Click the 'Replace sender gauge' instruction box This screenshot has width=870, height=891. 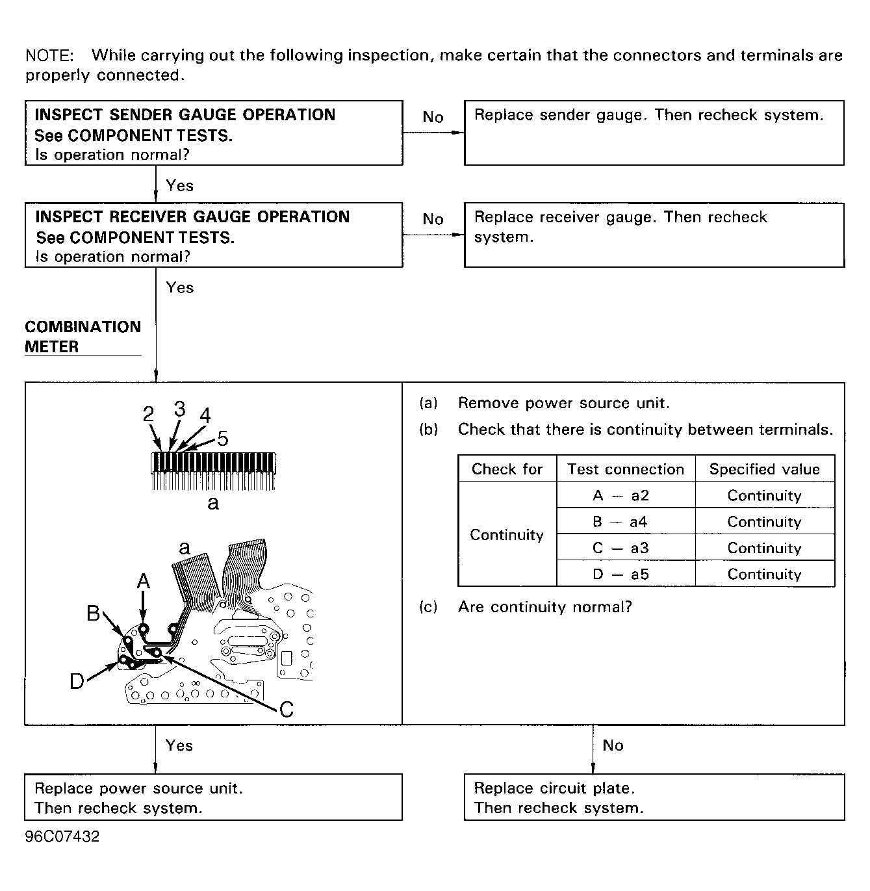click(x=654, y=133)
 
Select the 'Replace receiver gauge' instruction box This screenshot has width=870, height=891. click(x=654, y=235)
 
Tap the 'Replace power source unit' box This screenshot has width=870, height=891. click(x=213, y=797)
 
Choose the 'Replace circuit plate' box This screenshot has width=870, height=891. click(x=654, y=797)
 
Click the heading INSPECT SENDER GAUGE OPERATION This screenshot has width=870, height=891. click(x=185, y=115)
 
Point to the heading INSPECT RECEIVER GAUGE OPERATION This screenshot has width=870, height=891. click(x=192, y=217)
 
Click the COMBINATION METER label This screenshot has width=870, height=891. click(x=83, y=337)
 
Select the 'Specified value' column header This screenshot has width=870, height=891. click(x=764, y=469)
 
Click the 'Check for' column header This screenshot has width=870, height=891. click(x=507, y=469)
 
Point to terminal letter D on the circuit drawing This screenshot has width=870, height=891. click(x=77, y=681)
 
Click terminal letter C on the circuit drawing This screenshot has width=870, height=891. click(x=286, y=709)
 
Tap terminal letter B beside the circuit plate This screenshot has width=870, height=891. click(x=94, y=613)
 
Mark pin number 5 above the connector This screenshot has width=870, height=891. click(x=223, y=439)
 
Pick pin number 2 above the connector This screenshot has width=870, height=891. click(x=149, y=414)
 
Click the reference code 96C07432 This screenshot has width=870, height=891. click(x=62, y=837)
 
